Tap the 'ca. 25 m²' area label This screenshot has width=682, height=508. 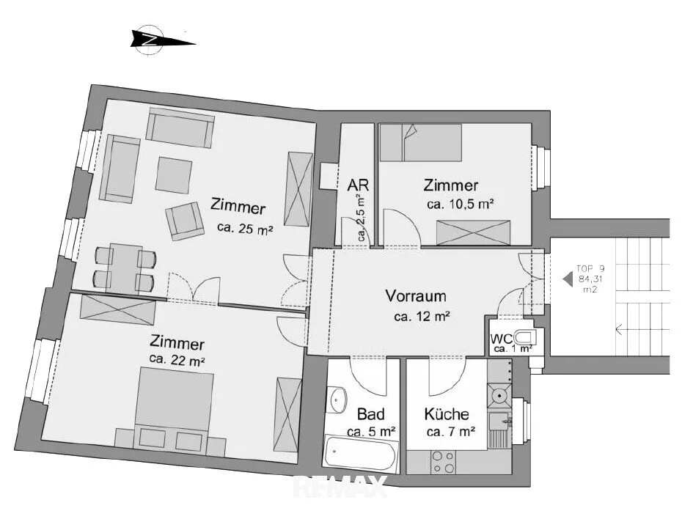coord(245,228)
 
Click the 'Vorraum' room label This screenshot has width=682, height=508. coord(416,296)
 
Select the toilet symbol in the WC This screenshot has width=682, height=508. coord(525,337)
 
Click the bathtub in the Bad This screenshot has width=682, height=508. coord(361,453)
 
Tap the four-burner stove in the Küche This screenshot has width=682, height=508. coord(443,463)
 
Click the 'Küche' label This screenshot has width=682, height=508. coord(447,413)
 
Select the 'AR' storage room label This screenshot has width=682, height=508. coord(358,185)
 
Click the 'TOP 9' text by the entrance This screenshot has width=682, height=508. coord(590,269)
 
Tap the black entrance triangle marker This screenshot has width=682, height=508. coord(567,279)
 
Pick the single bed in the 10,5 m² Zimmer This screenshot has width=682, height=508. coord(421,142)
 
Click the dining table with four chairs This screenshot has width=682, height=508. coord(125,268)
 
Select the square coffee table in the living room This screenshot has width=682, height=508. coord(174,175)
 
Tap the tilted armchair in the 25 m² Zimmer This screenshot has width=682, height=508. coord(185,221)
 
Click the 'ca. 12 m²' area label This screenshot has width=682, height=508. coord(422,317)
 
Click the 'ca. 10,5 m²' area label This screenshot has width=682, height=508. coord(461,204)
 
